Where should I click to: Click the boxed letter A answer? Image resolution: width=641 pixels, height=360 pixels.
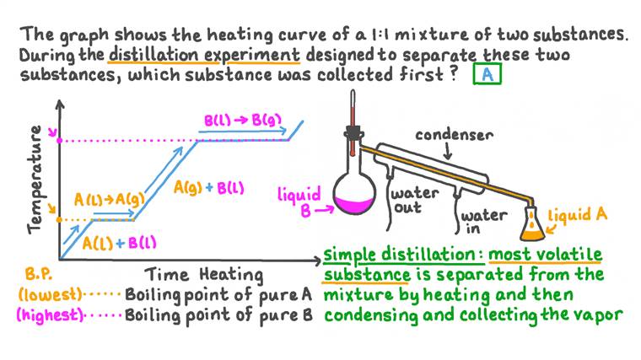point(487,75)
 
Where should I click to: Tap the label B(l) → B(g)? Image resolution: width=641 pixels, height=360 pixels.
point(242,120)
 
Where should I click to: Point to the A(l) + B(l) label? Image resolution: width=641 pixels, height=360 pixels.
point(121,243)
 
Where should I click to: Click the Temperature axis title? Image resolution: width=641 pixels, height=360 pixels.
point(35,179)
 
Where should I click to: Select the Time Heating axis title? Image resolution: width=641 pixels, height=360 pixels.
point(204,275)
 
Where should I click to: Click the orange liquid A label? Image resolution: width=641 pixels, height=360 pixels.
point(577,215)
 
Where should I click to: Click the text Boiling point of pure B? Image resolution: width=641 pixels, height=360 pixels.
point(218,317)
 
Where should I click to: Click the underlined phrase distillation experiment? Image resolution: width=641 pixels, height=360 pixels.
point(204,56)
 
